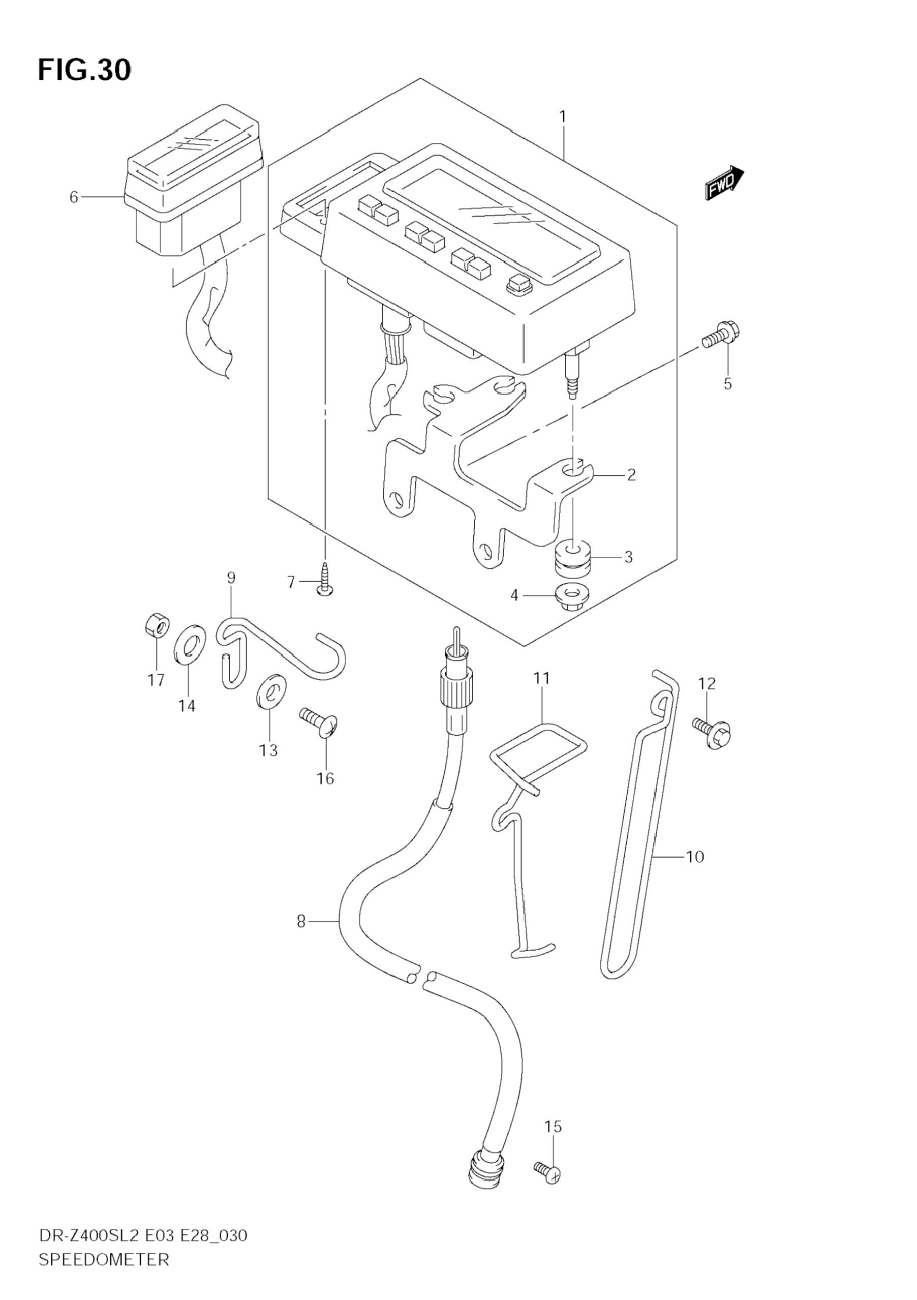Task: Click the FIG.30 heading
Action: [x=84, y=70]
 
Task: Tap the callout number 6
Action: [x=74, y=197]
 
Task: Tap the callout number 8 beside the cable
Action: [x=301, y=922]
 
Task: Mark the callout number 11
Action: [x=542, y=678]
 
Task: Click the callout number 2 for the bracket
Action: [x=631, y=474]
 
